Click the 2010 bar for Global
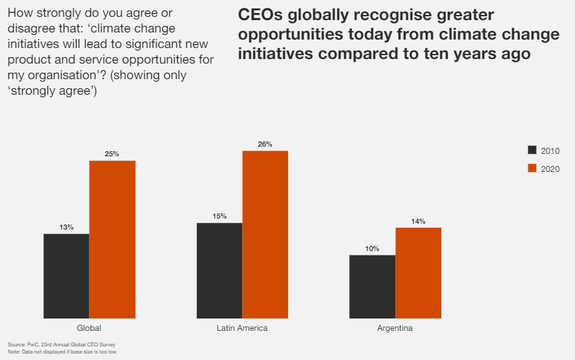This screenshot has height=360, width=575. (66, 276)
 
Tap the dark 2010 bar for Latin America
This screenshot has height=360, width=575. (219, 270)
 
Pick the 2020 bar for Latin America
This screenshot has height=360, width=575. (265, 234)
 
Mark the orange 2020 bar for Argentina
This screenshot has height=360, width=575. (419, 272)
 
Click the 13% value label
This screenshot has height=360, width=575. (66, 227)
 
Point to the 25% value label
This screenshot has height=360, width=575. (112, 154)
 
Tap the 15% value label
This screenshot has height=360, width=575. (219, 216)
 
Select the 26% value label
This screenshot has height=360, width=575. (265, 144)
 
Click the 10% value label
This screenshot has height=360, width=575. (373, 248)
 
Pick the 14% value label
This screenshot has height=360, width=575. (419, 221)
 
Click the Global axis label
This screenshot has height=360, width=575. (89, 328)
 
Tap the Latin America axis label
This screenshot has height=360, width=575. (242, 328)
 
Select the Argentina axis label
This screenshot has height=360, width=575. (395, 328)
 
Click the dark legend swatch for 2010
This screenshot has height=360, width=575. (532, 150)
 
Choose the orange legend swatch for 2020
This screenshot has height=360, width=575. (532, 168)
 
